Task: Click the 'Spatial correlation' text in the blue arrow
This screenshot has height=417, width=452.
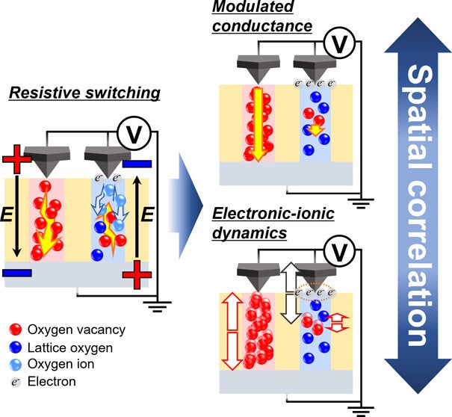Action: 418,202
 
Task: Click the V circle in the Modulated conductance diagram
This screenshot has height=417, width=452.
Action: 340,46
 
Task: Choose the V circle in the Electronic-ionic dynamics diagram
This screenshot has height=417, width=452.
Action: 340,256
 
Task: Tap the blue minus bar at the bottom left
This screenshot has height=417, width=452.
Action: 16,274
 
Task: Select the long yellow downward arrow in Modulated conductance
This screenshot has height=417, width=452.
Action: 256,124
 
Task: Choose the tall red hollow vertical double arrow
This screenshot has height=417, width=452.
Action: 232,333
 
